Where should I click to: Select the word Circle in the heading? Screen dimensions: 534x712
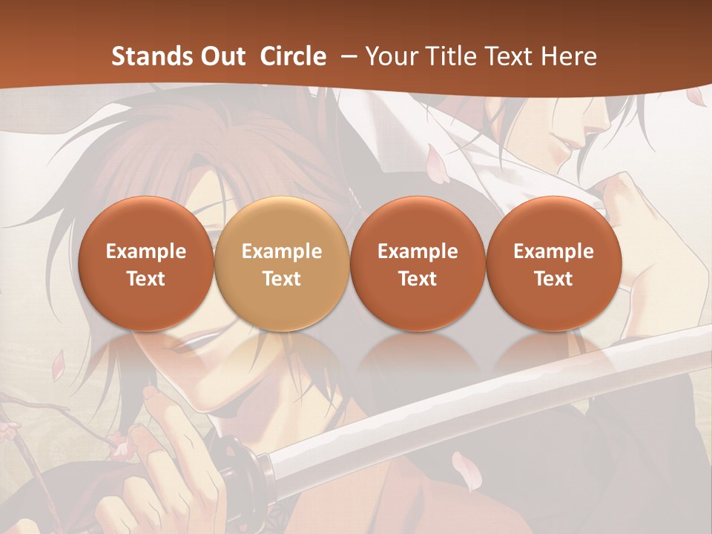point(293,56)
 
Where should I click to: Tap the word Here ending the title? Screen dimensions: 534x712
point(570,56)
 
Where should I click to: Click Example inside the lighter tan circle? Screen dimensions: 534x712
point(281,251)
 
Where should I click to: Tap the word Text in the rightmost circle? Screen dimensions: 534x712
point(553,279)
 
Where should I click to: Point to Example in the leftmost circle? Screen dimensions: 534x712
point(145,251)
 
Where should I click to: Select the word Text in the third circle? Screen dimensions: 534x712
point(418,279)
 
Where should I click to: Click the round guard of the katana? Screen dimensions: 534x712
point(241,455)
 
